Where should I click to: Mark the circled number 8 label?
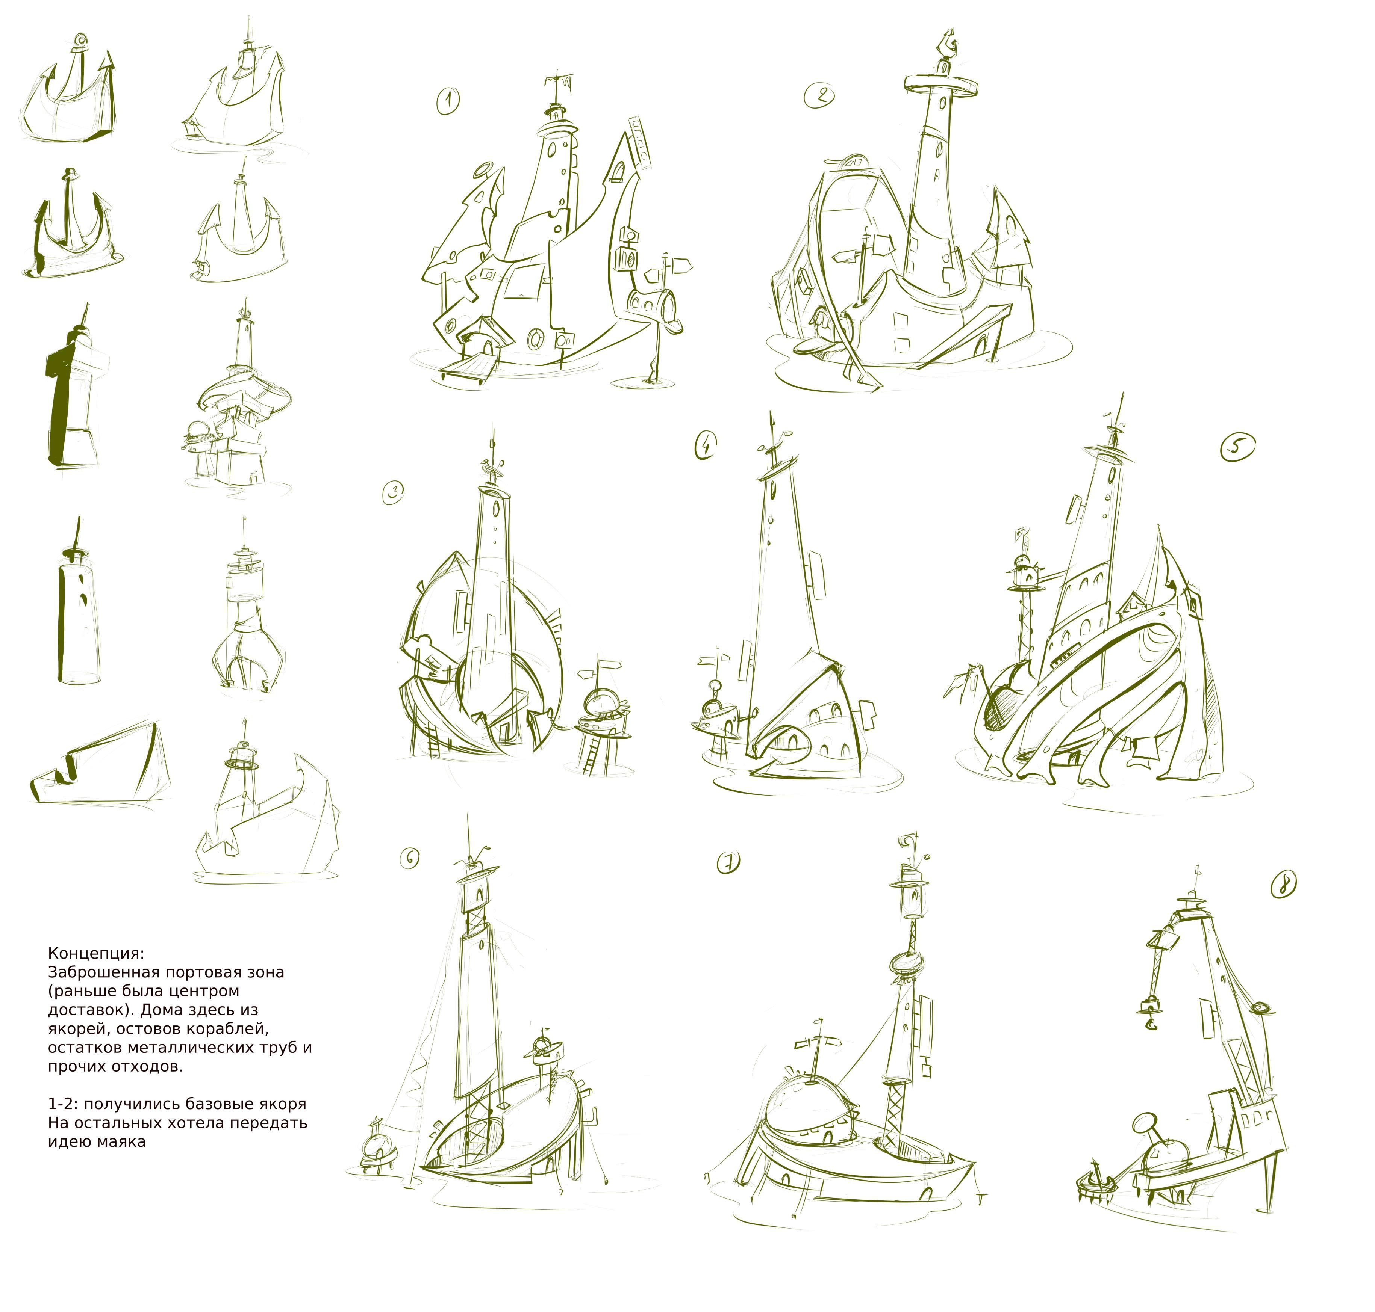[x=1283, y=885]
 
